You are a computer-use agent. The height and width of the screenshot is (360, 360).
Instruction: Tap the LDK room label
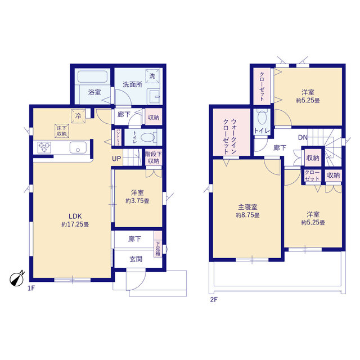[75, 216]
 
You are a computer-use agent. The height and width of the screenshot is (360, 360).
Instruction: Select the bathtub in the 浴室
[92, 76]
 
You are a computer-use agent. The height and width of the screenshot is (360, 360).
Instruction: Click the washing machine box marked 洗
[152, 76]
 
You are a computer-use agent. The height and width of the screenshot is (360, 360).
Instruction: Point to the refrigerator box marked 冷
[78, 116]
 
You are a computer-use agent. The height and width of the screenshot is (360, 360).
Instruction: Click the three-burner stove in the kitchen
[44, 147]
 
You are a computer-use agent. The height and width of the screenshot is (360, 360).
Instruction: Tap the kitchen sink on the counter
[78, 147]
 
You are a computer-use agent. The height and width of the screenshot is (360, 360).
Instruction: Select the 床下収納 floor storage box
[61, 130]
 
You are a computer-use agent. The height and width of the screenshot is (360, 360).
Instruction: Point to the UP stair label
[116, 159]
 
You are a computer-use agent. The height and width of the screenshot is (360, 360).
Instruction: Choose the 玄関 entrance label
[136, 259]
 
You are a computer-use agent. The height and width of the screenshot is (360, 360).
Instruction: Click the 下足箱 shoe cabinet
[158, 244]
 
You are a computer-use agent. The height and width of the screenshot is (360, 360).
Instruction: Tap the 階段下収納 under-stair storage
[154, 157]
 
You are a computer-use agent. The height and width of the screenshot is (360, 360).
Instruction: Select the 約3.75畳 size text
[137, 201]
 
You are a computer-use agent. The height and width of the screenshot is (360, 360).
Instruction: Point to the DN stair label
[303, 137]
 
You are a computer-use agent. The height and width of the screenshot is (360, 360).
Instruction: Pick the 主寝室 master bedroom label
[247, 207]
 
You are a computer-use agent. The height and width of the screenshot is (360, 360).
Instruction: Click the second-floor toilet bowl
[262, 118]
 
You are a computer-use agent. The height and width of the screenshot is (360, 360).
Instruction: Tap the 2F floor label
[214, 300]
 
